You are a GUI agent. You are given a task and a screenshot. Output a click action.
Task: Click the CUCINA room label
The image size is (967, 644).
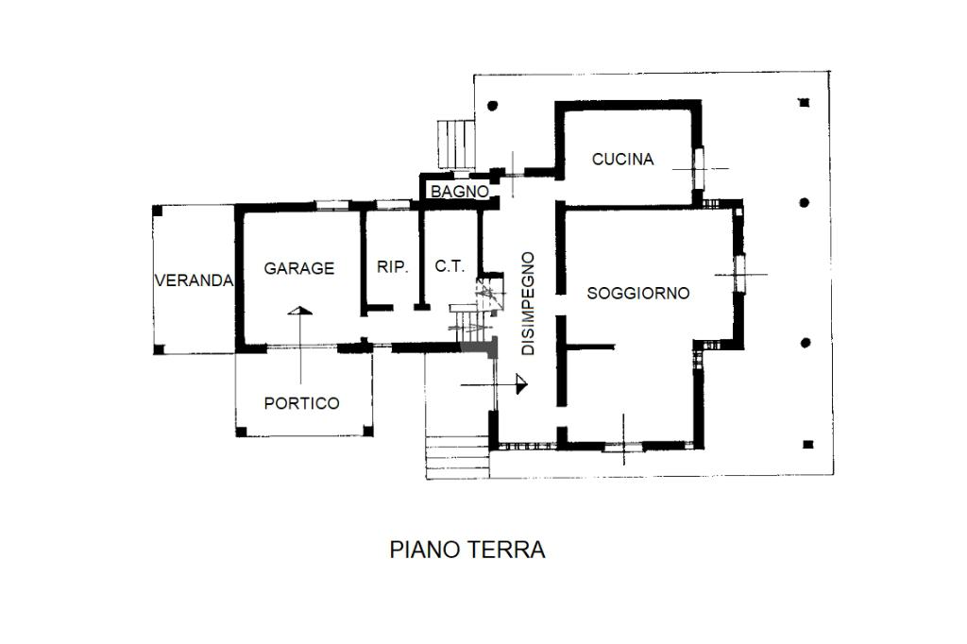click(622, 160)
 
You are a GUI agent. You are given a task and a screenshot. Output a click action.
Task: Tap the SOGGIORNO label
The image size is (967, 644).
click(638, 293)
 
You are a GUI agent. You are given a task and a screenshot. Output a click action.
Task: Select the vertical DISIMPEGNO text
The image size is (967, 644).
click(528, 303)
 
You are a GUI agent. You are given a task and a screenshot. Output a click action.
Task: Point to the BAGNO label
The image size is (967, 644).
click(460, 192)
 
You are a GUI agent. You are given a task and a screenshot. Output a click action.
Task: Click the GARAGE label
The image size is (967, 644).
click(298, 268)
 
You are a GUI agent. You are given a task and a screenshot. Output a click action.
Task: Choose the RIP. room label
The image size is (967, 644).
click(393, 267)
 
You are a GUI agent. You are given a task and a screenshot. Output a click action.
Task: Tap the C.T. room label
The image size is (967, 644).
click(450, 267)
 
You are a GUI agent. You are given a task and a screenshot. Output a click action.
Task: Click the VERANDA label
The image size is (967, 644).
click(194, 280)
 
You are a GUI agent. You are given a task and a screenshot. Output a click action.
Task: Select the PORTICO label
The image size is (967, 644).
click(301, 403)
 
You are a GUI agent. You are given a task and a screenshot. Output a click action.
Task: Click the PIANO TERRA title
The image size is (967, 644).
click(467, 550)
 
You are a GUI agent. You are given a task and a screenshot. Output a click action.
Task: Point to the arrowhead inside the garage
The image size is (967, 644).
click(299, 311)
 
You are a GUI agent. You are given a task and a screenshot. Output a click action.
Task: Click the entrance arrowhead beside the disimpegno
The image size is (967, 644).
click(522, 383)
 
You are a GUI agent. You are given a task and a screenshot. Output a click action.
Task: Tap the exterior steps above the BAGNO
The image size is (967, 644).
click(456, 144)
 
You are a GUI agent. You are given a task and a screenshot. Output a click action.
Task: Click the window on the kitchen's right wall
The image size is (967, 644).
click(700, 168)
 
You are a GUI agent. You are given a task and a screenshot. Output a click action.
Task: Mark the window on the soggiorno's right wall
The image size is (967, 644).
click(740, 274)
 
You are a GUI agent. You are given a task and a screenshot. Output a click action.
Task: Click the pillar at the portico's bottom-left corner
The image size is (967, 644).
click(240, 432)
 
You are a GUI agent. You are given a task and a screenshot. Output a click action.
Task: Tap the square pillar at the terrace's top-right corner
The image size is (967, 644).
click(804, 102)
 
